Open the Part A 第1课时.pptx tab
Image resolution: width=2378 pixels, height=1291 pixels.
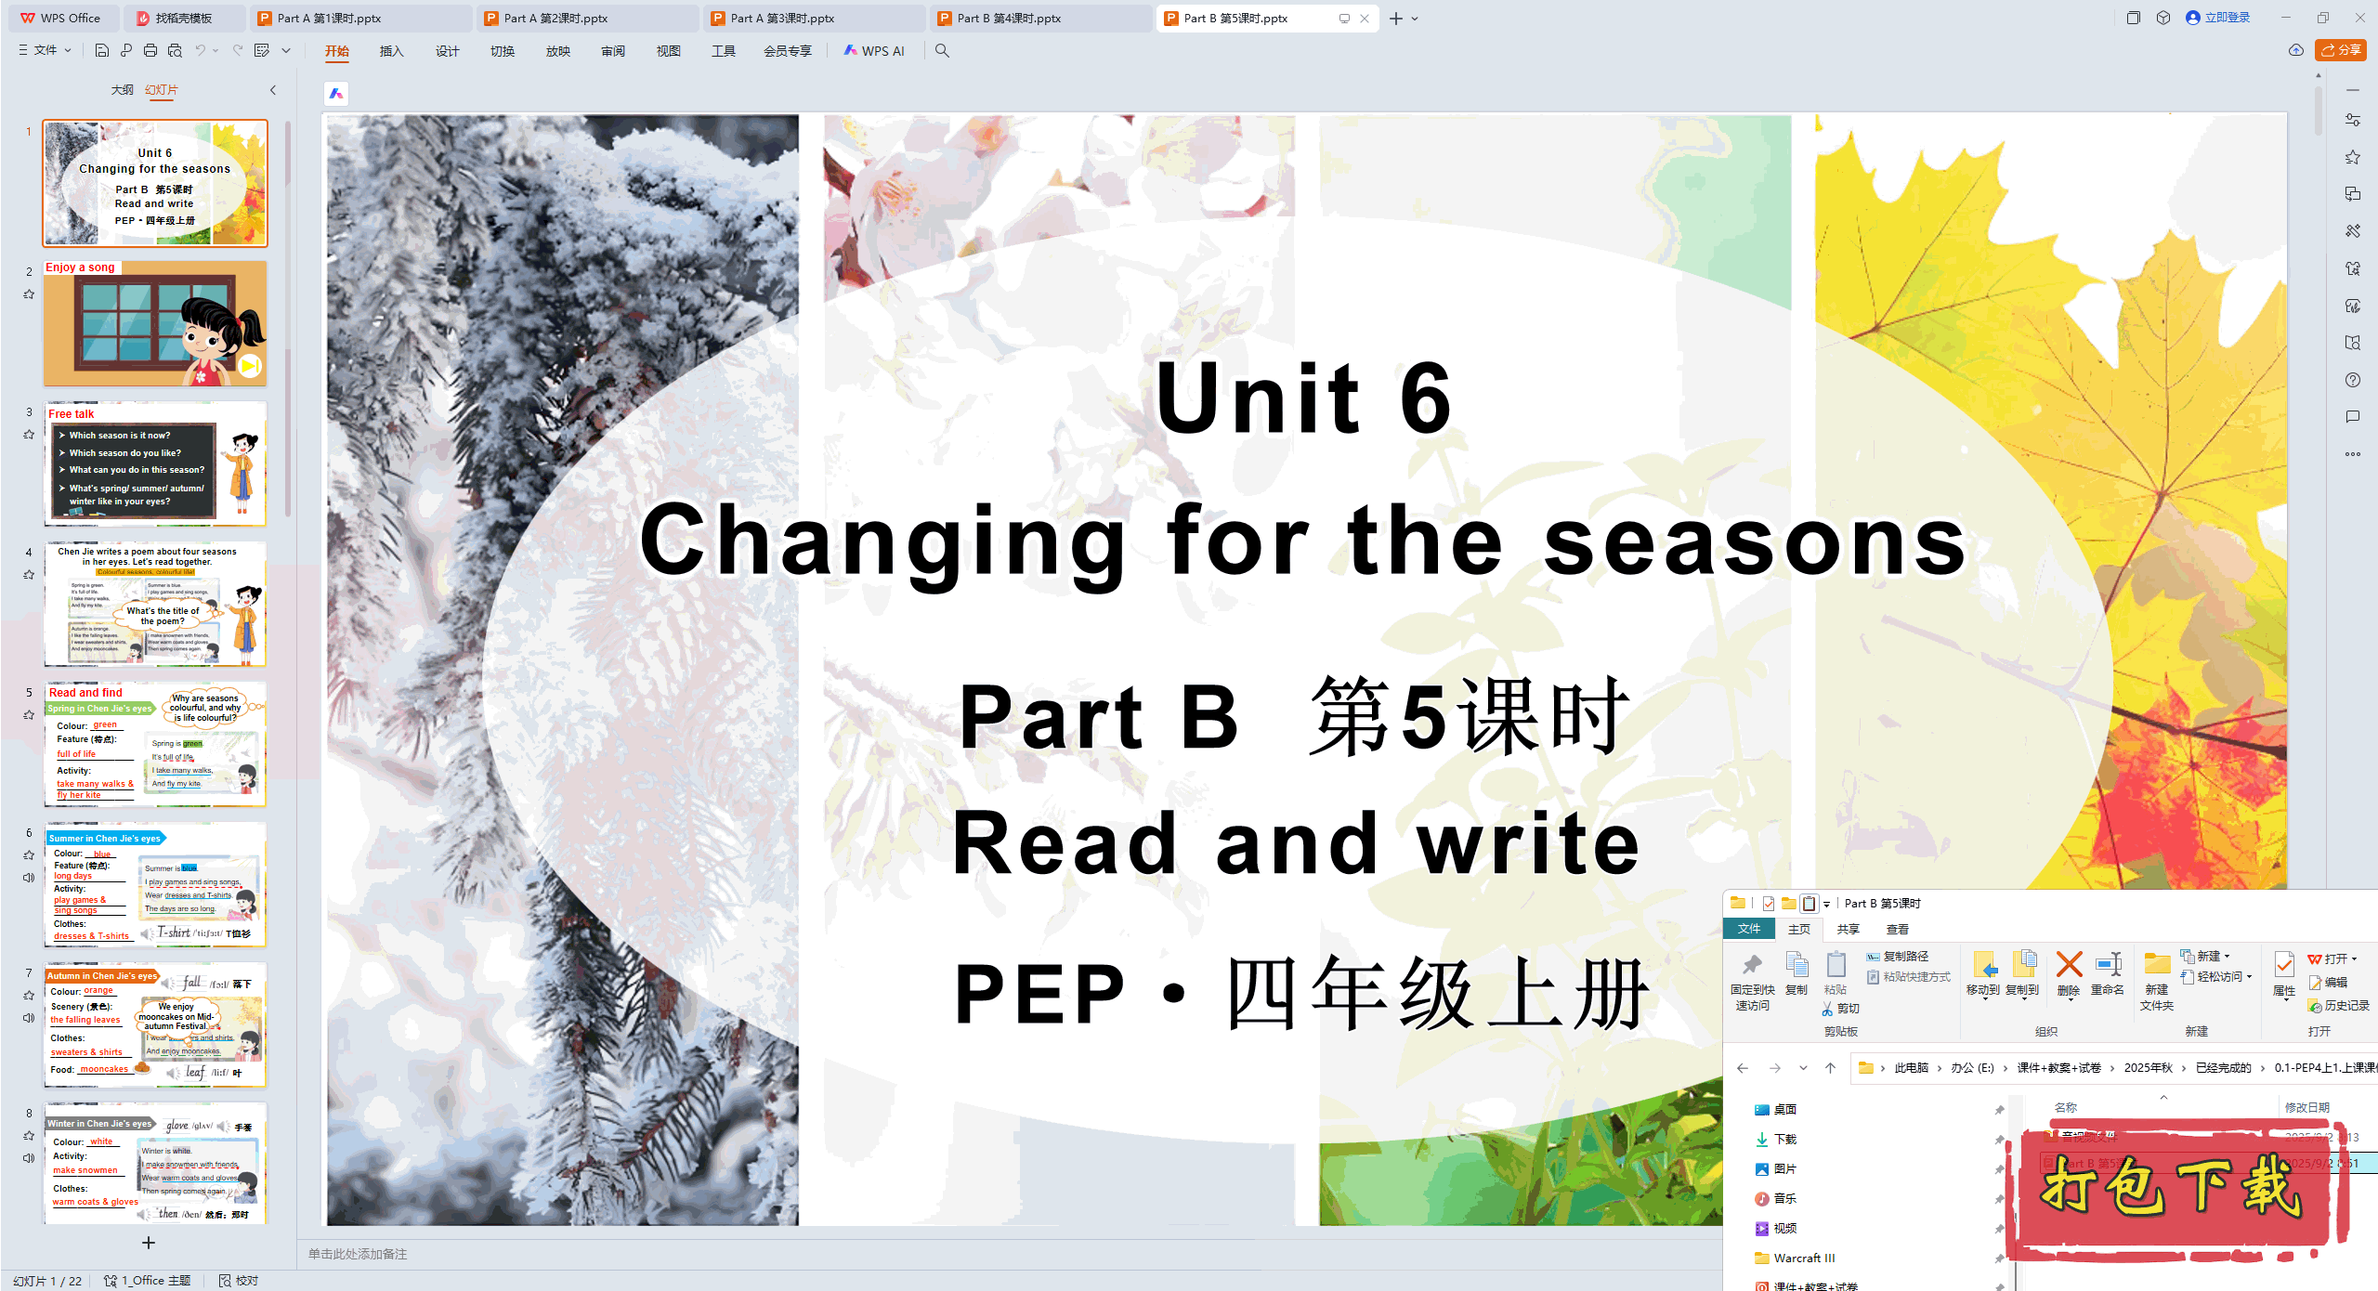329,18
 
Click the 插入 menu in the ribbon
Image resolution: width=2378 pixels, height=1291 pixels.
391,51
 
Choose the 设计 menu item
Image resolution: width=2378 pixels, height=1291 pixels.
447,51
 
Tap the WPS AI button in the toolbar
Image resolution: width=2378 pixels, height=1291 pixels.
874,51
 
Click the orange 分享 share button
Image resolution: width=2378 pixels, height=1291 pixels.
2341,50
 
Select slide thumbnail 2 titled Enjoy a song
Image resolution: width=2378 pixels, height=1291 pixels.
155,323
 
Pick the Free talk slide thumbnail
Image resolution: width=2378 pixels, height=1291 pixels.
155,463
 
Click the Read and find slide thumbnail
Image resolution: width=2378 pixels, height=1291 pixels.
155,744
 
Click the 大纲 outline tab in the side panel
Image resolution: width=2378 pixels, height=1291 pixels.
122,90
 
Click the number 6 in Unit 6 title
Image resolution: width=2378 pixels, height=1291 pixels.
1426,398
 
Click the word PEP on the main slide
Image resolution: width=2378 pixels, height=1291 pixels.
1040,993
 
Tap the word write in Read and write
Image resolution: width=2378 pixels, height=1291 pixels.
1528,843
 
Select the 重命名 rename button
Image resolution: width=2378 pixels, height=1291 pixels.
2108,972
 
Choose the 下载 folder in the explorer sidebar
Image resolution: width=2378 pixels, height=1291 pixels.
1784,1140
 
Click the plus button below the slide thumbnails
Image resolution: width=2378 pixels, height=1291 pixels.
149,1243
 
